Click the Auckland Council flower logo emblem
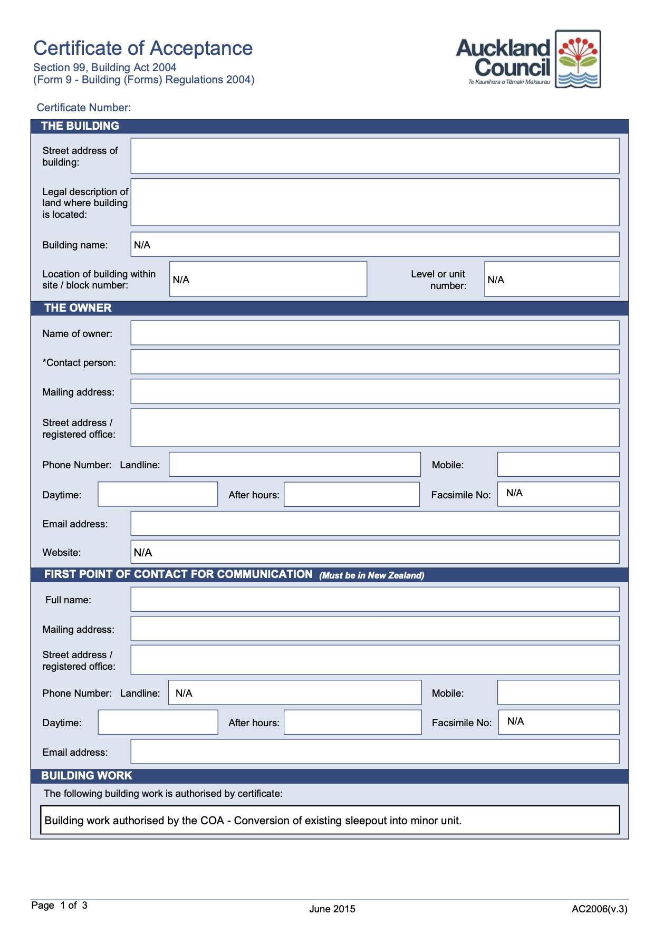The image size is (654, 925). click(578, 59)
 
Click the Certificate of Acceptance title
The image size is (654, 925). click(143, 48)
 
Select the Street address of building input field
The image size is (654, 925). click(374, 156)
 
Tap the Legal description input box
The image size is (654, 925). click(374, 202)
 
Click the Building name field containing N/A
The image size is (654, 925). click(374, 245)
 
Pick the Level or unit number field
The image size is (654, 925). click(552, 279)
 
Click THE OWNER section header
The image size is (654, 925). click(78, 308)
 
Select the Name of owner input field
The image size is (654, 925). click(374, 333)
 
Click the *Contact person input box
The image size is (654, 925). click(374, 362)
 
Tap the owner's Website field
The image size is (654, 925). click(374, 552)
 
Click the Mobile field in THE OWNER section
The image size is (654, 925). click(558, 464)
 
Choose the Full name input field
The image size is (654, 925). click(374, 599)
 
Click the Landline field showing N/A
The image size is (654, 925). click(294, 692)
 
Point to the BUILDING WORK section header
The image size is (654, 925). click(86, 776)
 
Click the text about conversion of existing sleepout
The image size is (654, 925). click(253, 821)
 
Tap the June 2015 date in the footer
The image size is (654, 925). click(332, 909)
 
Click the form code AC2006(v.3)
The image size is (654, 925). click(600, 909)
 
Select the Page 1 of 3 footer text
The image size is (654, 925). click(59, 905)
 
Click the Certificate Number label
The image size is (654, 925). click(84, 108)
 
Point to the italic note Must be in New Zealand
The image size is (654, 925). click(372, 575)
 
